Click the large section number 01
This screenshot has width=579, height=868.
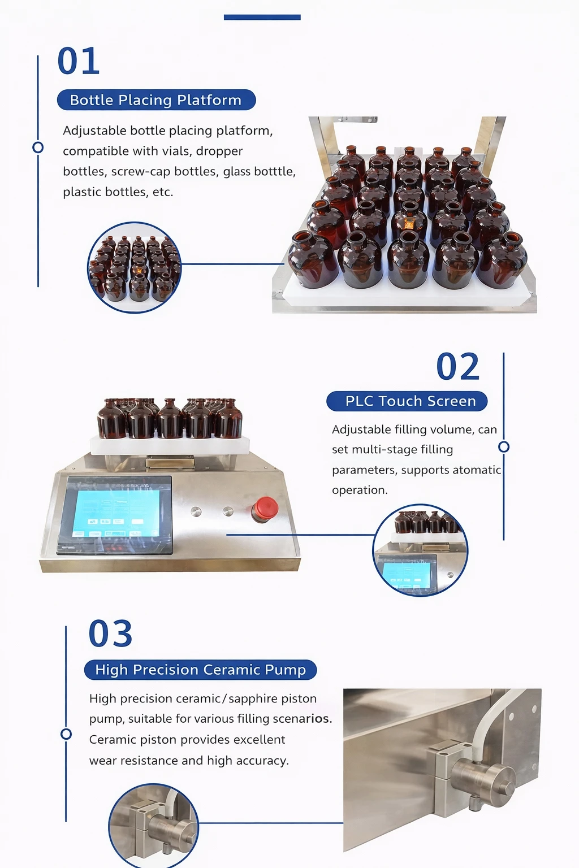(x=79, y=61)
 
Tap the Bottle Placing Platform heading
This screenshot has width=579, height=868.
(x=156, y=100)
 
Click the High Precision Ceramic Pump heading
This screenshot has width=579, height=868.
(x=201, y=670)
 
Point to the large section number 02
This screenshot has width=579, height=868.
(x=458, y=366)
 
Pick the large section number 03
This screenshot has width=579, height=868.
(x=110, y=633)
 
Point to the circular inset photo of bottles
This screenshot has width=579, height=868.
(x=134, y=267)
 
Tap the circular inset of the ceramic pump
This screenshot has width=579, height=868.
(x=154, y=826)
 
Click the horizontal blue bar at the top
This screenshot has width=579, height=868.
(x=262, y=17)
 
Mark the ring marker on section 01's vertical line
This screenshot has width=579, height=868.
(x=38, y=147)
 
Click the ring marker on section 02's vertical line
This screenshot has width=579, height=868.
(x=504, y=447)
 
